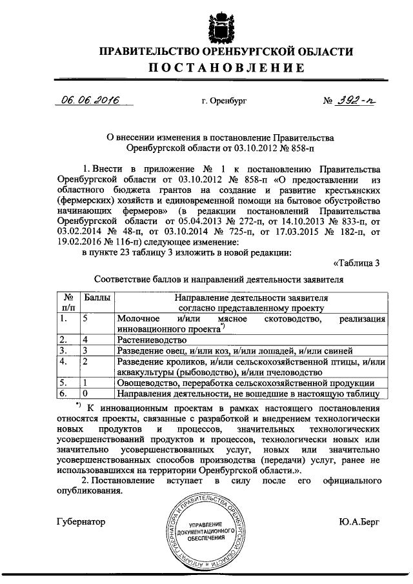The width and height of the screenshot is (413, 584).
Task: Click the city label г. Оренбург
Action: pyautogui.click(x=223, y=102)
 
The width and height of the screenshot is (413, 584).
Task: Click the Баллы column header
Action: pyautogui.click(x=96, y=299)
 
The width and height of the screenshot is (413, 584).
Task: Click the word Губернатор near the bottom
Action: pyautogui.click(x=80, y=521)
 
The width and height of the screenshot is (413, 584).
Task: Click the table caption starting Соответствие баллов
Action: pyautogui.click(x=219, y=279)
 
